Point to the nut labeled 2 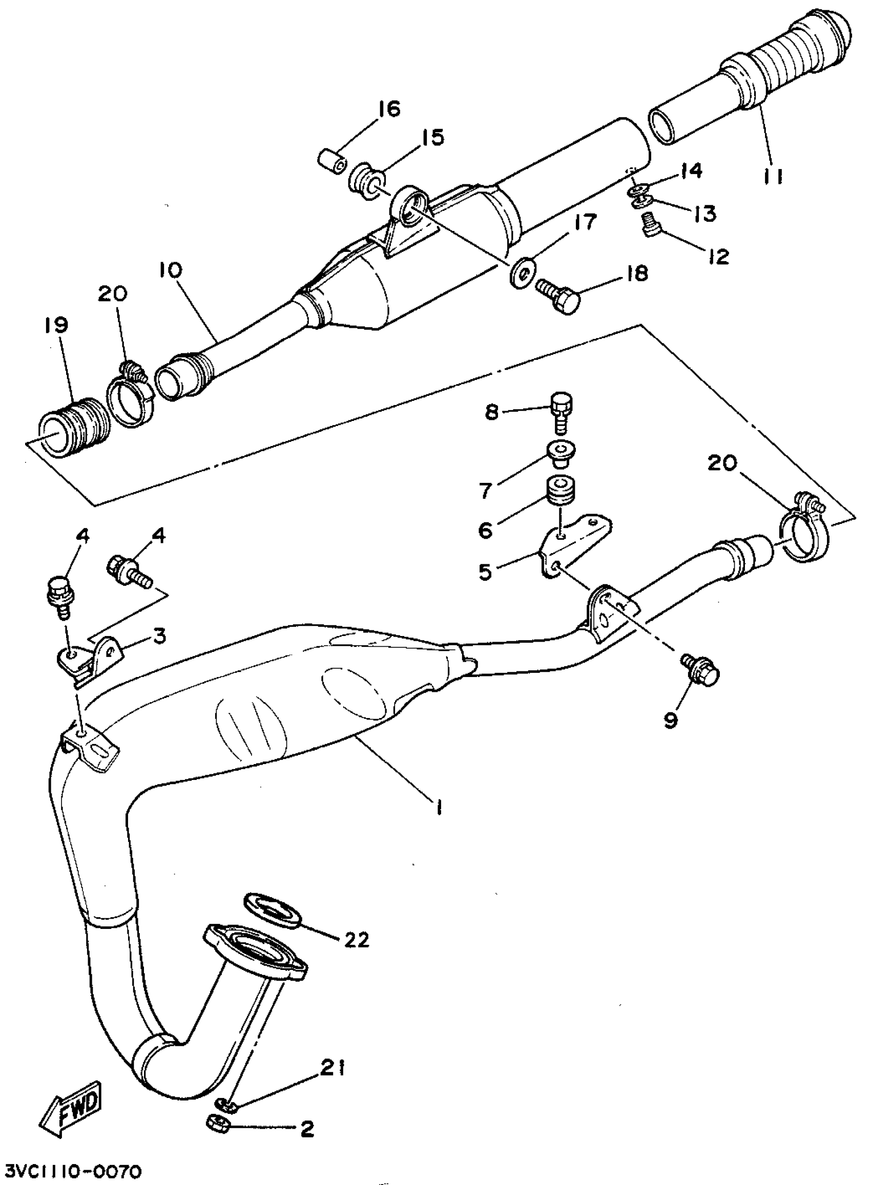[x=216, y=1124]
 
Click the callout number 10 [x=169, y=271]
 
